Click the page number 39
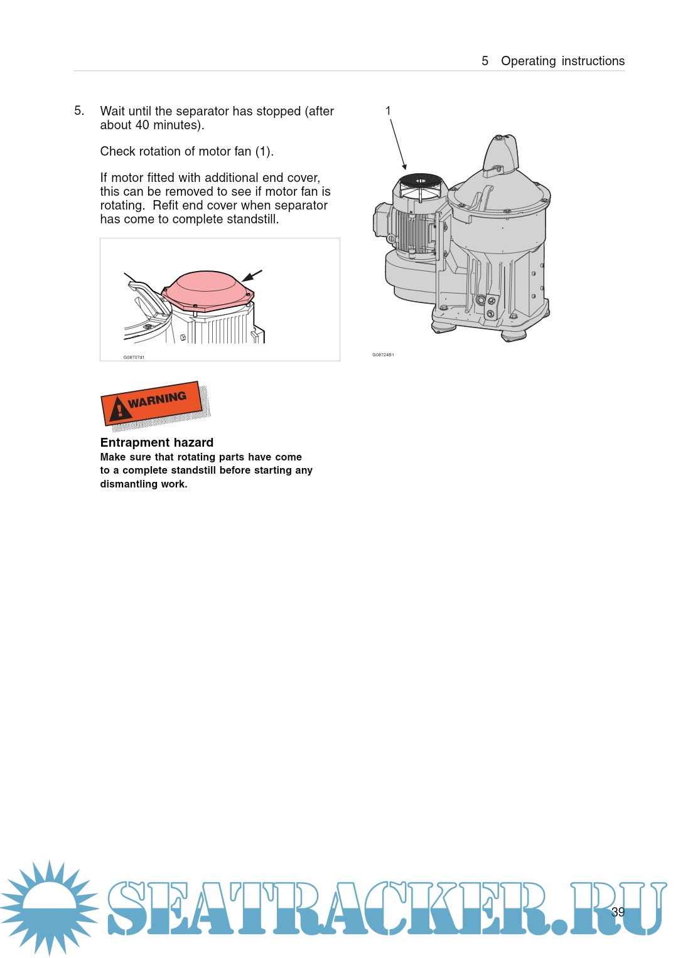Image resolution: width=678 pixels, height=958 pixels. coord(618,912)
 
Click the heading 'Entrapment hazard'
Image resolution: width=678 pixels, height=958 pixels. coord(157,442)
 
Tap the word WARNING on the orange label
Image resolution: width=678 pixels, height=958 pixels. coord(157,400)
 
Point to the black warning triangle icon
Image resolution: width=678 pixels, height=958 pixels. coord(120,409)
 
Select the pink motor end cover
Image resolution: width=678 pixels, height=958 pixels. coord(208,290)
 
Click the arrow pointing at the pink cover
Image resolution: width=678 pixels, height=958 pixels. coord(252,276)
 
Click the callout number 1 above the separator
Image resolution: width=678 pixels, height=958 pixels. coord(388,111)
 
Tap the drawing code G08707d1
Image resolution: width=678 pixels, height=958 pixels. coord(134,357)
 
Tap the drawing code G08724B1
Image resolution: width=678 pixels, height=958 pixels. coord(383,354)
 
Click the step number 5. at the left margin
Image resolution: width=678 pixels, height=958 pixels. coord(79,111)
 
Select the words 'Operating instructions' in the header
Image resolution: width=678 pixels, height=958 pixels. coord(563,61)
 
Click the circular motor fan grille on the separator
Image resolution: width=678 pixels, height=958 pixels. coord(421,181)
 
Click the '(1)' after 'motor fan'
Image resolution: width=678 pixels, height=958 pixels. coord(264,151)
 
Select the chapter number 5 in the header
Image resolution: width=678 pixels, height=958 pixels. coord(485,61)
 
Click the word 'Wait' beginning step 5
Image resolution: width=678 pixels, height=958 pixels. coord(112,111)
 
